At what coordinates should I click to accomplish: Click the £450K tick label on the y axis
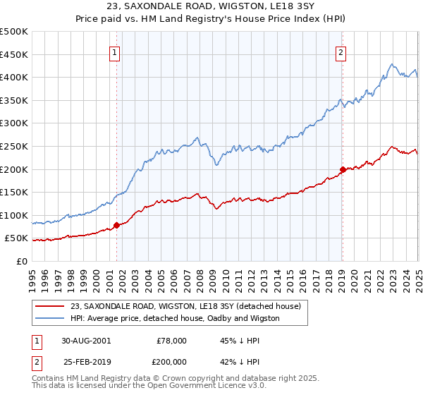14,54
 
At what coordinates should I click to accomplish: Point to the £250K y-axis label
14,146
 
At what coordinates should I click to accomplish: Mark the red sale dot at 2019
342,169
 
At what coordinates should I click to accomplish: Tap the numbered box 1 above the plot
114,51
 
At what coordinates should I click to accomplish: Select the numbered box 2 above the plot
341,51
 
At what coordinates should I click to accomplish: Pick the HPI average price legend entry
175,318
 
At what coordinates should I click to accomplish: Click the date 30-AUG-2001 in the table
86,340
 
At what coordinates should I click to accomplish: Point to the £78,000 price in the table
171,340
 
